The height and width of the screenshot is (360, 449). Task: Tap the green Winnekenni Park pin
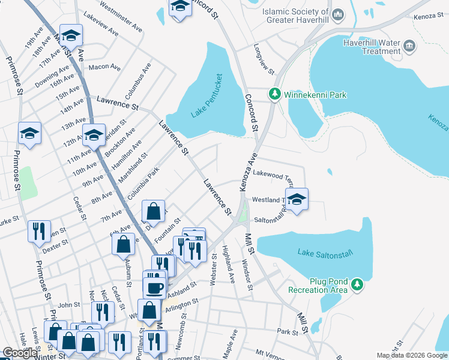coord(274,94)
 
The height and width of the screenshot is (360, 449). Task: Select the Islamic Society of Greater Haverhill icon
coord(338,14)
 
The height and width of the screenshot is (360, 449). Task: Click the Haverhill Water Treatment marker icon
coord(409,46)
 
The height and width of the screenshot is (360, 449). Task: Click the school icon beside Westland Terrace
coord(296,199)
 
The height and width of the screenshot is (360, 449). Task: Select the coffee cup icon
coord(154,286)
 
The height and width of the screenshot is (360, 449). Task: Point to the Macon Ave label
coord(105,68)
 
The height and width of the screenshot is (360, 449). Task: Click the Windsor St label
coord(246,274)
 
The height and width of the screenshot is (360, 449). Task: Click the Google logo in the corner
coord(20,353)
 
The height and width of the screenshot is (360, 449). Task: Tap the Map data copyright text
coord(412,355)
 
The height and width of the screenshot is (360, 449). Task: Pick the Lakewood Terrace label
coord(273,173)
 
